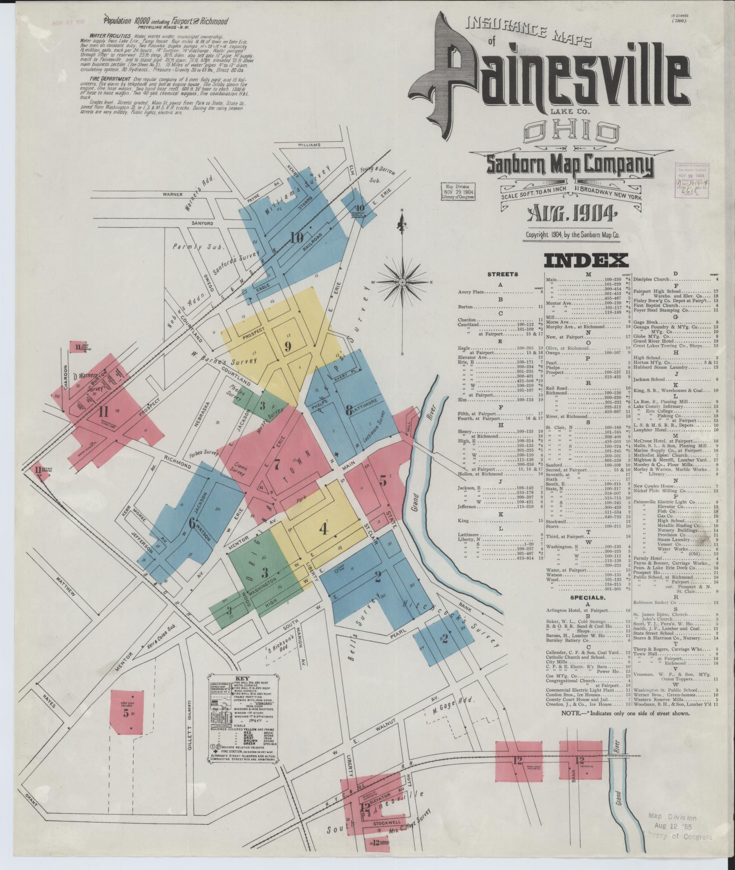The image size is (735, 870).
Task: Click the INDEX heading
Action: click(x=586, y=261)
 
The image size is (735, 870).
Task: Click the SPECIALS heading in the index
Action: click(x=587, y=597)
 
